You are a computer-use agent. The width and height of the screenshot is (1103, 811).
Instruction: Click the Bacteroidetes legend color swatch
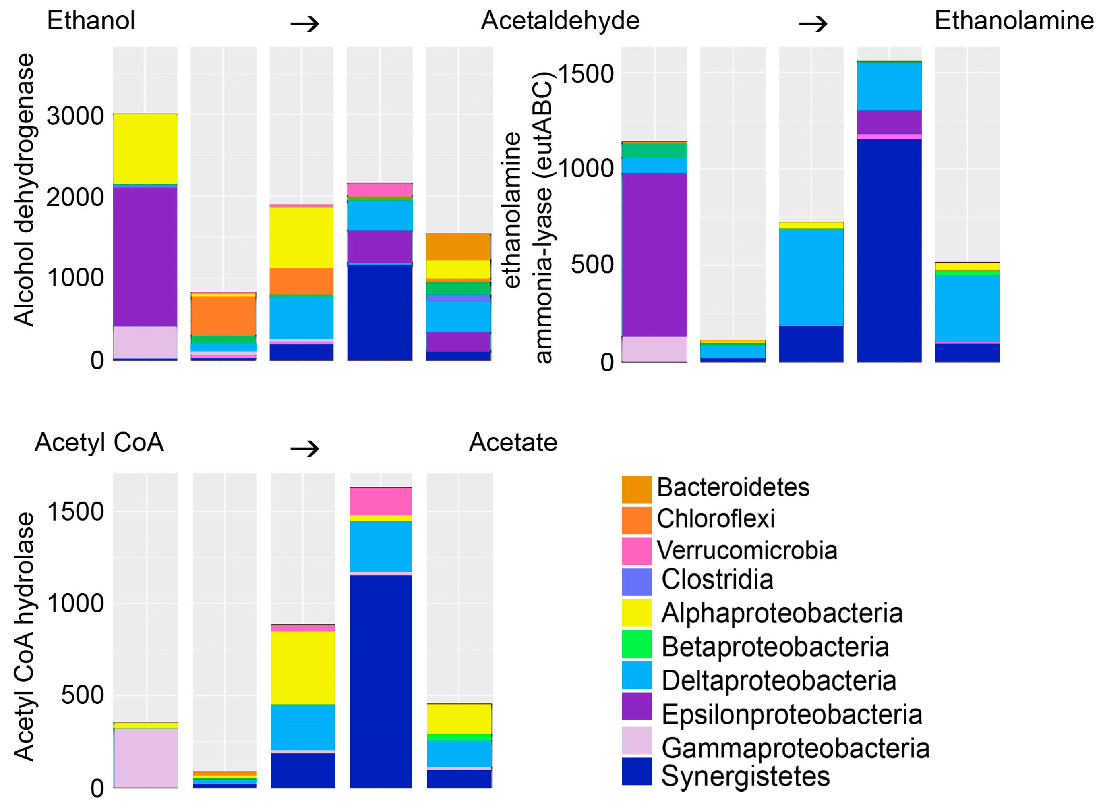click(x=636, y=490)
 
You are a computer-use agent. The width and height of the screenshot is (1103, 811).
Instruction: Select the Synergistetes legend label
click(x=745, y=776)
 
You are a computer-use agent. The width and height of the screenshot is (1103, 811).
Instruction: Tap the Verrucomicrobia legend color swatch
click(x=636, y=551)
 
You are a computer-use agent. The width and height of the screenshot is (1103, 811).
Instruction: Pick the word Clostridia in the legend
click(x=717, y=579)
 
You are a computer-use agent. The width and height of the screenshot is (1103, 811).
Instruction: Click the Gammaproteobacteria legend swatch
click(x=636, y=740)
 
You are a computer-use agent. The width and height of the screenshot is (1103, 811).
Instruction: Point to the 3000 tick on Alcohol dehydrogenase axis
click(x=74, y=116)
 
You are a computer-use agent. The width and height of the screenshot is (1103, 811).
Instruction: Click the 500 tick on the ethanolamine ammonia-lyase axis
click(x=592, y=265)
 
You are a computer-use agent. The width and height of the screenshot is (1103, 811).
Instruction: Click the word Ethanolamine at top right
click(x=1014, y=21)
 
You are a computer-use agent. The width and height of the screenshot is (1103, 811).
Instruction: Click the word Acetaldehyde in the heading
click(x=560, y=21)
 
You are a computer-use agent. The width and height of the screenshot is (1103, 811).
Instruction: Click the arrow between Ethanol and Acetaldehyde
click(x=305, y=23)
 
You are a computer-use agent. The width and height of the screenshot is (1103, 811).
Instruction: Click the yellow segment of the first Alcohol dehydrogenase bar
click(x=145, y=149)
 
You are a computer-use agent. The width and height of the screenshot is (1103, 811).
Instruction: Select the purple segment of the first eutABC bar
click(x=654, y=254)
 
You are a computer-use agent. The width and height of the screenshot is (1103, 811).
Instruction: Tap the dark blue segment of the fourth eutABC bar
click(x=889, y=250)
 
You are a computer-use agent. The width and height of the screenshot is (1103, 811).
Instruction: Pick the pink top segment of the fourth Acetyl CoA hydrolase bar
click(x=381, y=501)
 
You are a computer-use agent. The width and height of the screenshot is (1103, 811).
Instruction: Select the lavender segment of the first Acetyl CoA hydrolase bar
click(x=146, y=758)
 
